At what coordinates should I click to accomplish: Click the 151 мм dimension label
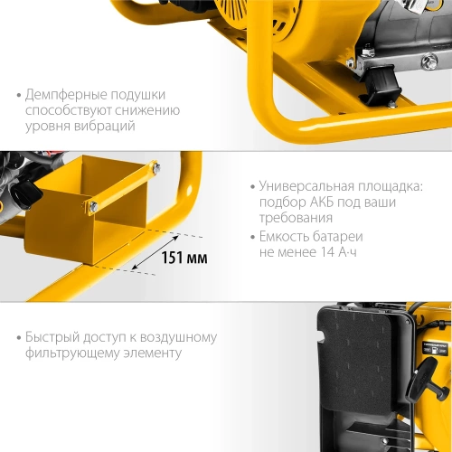coord(184,259)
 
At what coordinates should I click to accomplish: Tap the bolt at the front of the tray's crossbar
coord(90,208)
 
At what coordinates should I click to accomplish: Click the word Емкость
coord(284,238)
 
